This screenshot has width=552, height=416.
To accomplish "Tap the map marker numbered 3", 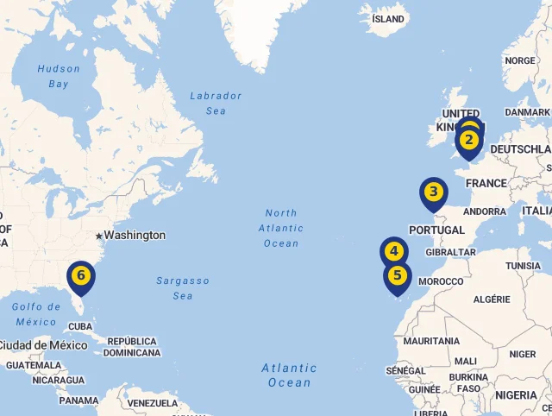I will point(434,192).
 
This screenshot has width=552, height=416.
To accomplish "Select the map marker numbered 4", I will point(393,252).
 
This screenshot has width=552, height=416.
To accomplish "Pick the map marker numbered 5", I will point(397,276).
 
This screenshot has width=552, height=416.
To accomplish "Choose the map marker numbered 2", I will point(469,140).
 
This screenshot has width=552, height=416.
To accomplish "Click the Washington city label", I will point(135,235).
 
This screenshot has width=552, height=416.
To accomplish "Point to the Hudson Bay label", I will point(59,76).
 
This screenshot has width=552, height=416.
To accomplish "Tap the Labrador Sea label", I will point(216,104).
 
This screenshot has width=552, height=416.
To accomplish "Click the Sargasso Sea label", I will point(182,288).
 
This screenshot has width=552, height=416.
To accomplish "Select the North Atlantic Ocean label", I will point(281,228).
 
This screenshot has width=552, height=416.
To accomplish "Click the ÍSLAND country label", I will point(387,19).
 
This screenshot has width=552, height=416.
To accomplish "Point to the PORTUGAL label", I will point(436,230).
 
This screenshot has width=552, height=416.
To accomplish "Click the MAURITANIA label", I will point(431,341).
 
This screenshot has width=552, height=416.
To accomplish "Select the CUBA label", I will point(79,326).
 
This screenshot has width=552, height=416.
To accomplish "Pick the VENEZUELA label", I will point(152,403).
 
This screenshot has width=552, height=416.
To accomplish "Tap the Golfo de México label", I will point(35,314).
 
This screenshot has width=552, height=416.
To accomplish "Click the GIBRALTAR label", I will point(445,252).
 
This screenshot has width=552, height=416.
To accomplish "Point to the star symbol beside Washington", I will point(99,236).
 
